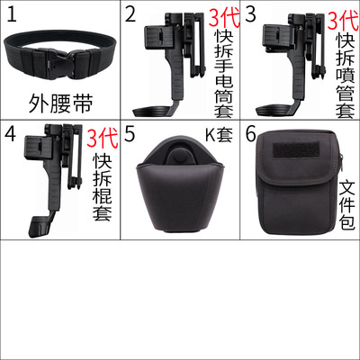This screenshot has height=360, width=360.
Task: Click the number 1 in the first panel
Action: pyautogui.click(x=12, y=14)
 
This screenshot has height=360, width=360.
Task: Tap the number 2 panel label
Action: pyautogui.click(x=130, y=14)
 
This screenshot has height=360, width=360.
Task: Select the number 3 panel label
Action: pyautogui.click(x=250, y=14)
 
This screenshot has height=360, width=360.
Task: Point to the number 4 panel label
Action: pyautogui.click(x=10, y=134)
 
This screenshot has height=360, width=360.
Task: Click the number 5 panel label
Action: pyautogui.click(x=130, y=134)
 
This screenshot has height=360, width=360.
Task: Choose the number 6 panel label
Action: pyautogui.click(x=251, y=134)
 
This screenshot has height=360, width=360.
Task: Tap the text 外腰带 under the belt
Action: pyautogui.click(x=60, y=103)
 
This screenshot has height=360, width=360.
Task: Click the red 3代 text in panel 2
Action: pyautogui.click(x=224, y=18)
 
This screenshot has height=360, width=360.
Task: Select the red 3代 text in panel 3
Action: pyautogui.click(x=343, y=20)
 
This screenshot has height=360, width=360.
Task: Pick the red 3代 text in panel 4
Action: pyautogui.click(x=103, y=138)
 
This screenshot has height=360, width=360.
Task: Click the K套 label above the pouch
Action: pyautogui.click(x=219, y=135)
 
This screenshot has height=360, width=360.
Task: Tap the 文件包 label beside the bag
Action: pyautogui.click(x=346, y=204)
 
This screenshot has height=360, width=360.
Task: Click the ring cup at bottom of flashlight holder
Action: pyautogui.click(x=152, y=112)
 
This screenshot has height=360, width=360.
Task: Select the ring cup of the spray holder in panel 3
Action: pyautogui.click(x=273, y=111)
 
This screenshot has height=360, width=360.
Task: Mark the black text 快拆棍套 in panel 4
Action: pyautogui.click(x=103, y=187)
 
